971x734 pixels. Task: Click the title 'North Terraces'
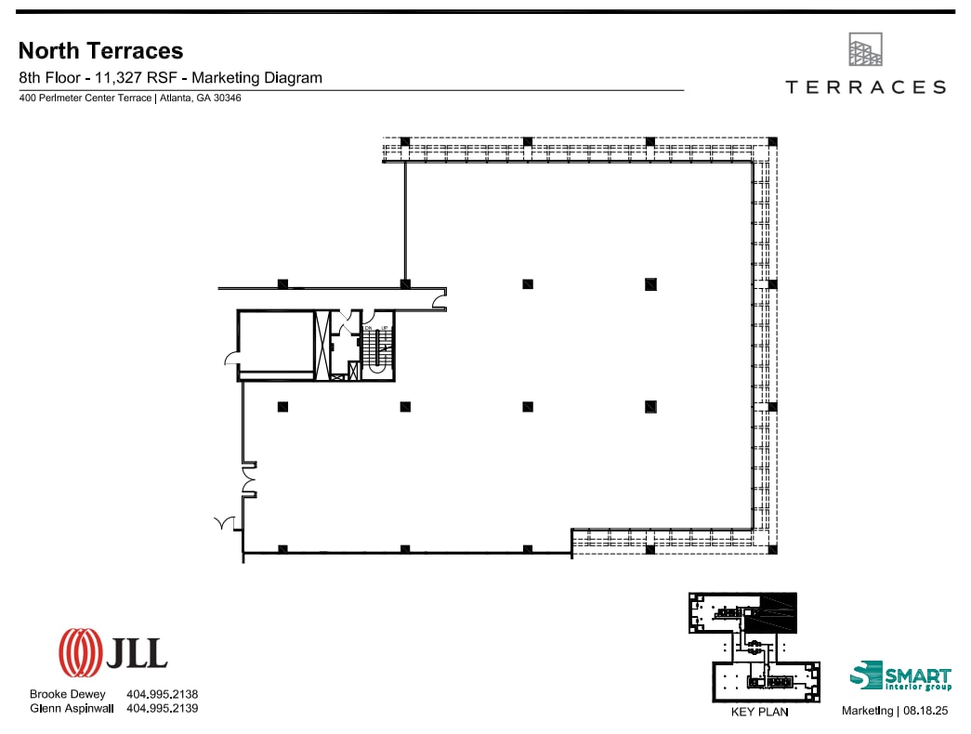(x=101, y=50)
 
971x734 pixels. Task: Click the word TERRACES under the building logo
(x=865, y=87)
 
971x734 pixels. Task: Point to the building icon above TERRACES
(x=865, y=50)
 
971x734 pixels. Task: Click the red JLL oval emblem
(x=80, y=652)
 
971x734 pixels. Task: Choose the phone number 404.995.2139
(x=162, y=708)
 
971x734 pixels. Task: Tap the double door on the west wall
(x=248, y=478)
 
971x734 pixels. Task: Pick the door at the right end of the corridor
(x=440, y=299)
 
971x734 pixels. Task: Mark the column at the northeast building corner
(x=772, y=142)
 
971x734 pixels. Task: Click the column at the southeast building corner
(x=772, y=549)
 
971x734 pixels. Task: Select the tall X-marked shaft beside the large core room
(x=323, y=346)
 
